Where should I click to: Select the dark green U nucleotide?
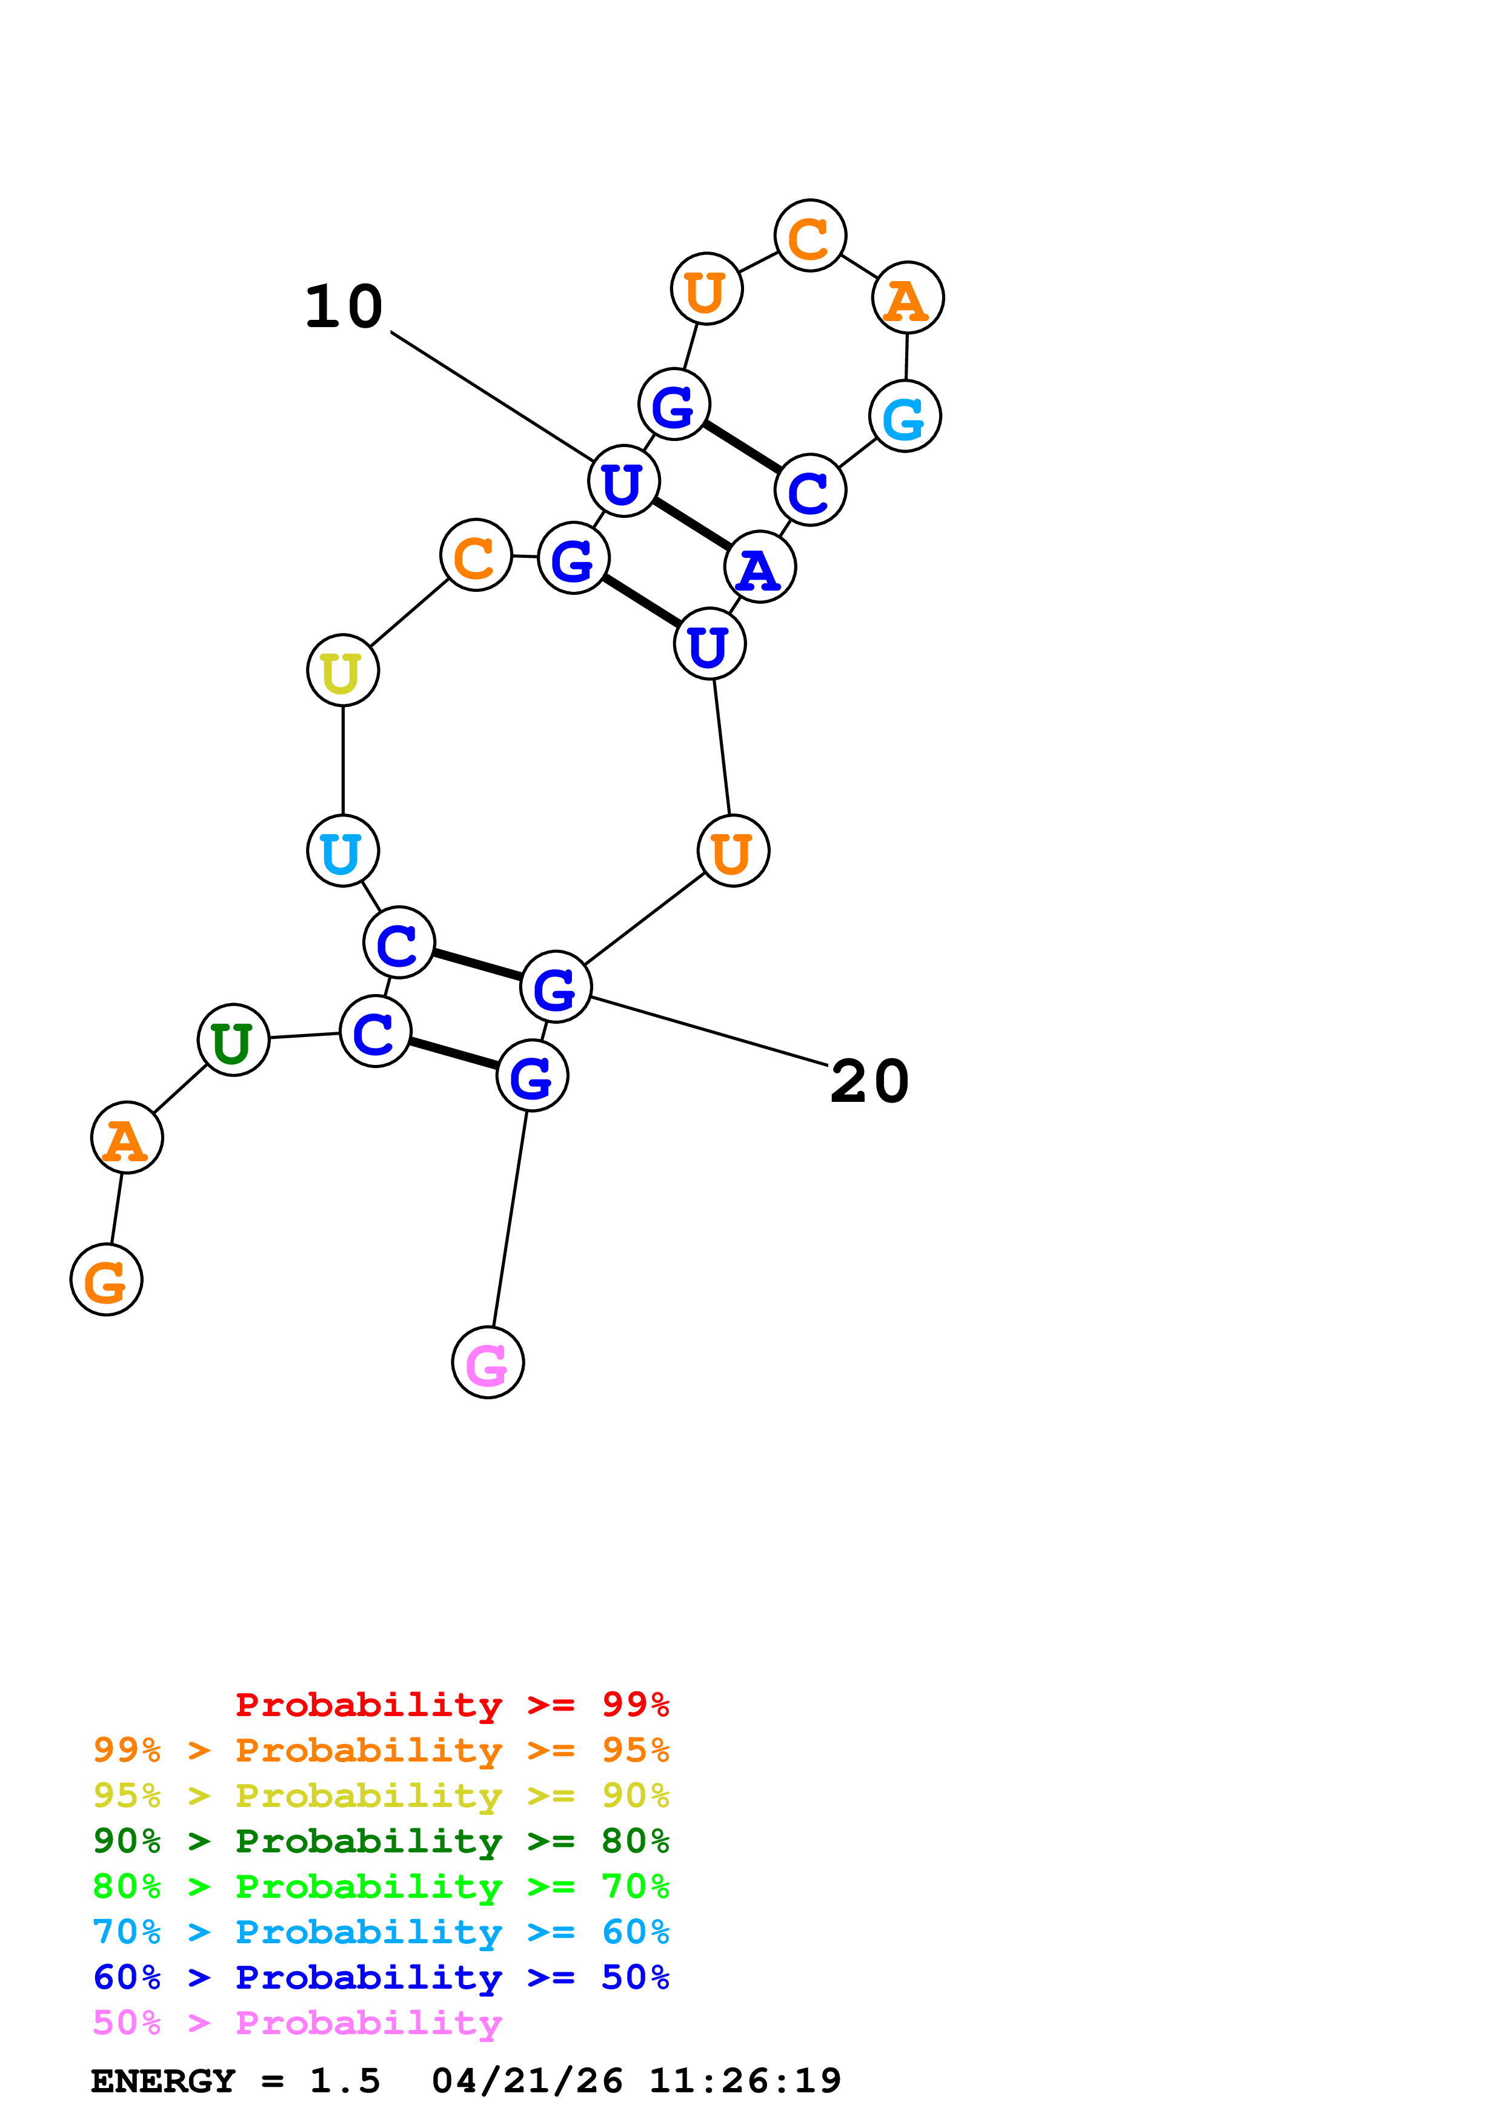[233, 1039]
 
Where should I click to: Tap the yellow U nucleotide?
[342, 670]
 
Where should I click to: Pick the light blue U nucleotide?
[342, 850]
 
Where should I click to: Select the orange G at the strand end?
[107, 1280]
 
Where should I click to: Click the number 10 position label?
[344, 307]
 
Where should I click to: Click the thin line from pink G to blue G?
[510, 1219]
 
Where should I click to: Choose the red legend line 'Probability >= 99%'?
[451, 1705]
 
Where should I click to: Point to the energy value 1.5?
[344, 2081]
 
